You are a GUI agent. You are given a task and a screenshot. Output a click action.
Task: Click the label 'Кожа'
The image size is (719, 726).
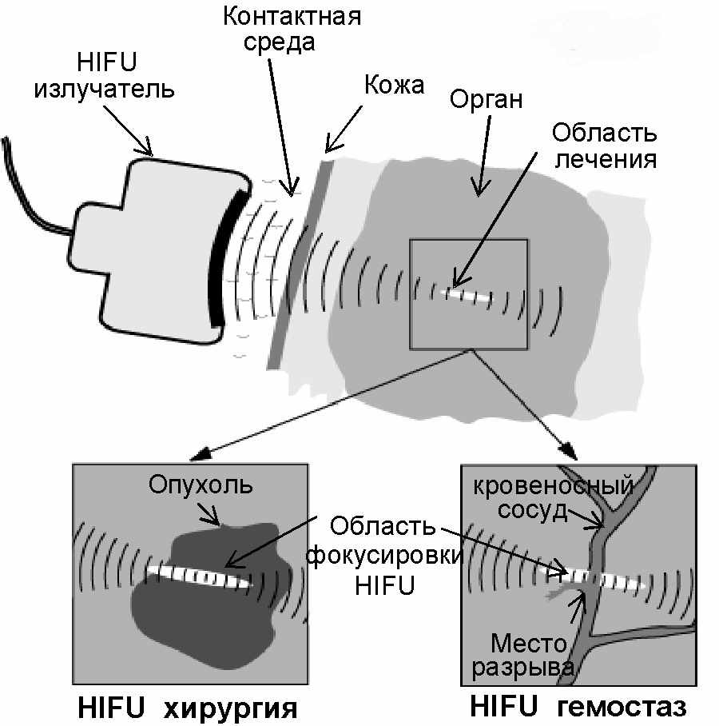point(394,85)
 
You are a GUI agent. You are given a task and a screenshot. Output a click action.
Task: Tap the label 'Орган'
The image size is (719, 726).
point(486,100)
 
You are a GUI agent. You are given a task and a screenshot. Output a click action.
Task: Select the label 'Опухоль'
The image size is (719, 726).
point(190,485)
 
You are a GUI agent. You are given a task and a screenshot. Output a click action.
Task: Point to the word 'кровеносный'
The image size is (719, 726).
point(554,485)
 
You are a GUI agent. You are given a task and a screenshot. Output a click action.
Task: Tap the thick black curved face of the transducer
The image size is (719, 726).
point(220,260)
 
